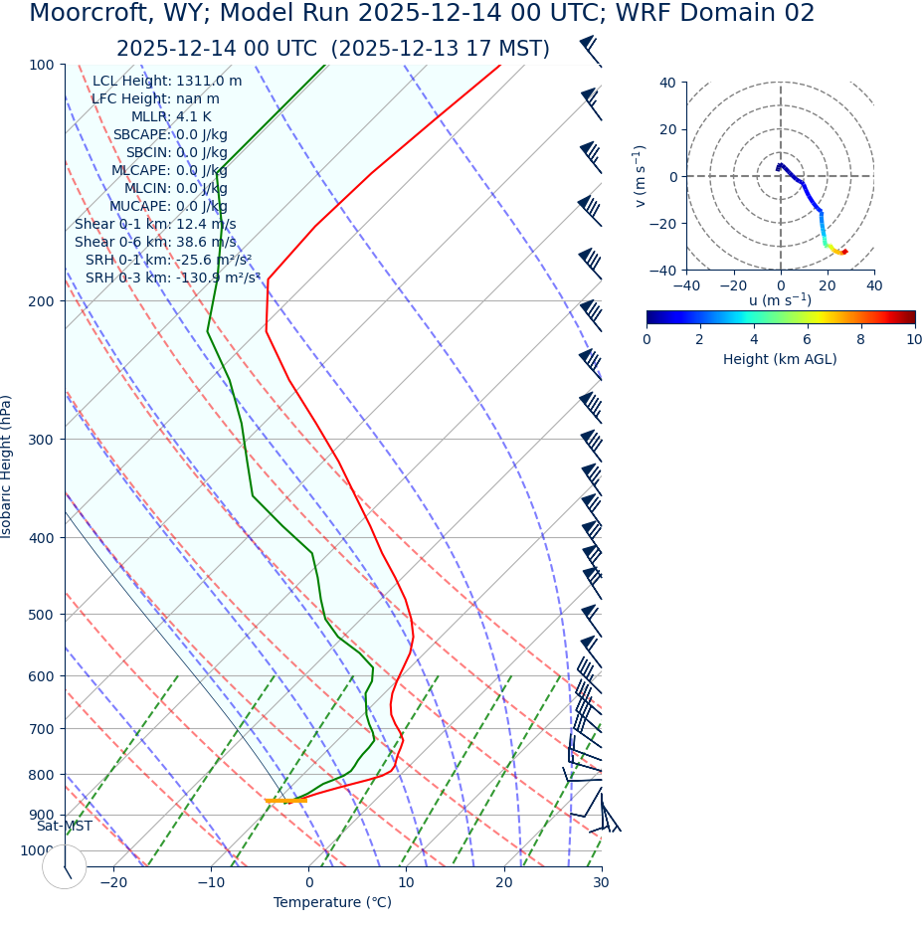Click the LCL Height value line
[166, 81]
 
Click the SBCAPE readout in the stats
[169, 134]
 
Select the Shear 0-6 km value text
[155, 242]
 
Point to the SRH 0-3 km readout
[172, 278]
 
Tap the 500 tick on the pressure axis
[42, 615]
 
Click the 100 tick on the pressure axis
[42, 65]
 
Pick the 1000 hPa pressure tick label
[38, 850]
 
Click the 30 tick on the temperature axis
[601, 882]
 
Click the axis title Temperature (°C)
[332, 902]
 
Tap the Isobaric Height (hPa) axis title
[8, 466]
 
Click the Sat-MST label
[65, 826]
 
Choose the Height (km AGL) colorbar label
[780, 359]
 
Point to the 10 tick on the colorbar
[913, 339]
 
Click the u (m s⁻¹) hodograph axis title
[780, 300]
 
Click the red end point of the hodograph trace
[844, 252]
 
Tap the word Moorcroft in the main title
[88, 14]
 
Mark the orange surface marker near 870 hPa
[285, 801]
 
